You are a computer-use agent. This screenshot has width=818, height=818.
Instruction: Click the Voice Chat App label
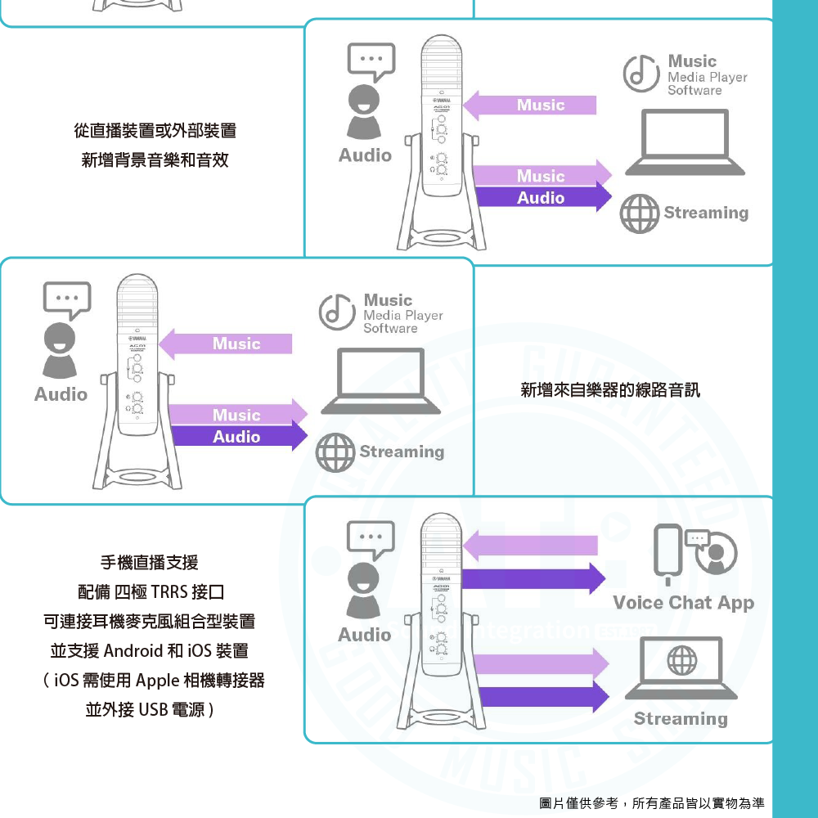(683, 604)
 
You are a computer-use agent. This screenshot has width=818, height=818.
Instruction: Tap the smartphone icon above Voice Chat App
(668, 551)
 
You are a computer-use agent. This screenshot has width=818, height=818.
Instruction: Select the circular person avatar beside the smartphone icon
(716, 553)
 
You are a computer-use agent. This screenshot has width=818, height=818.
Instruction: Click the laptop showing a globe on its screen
(681, 668)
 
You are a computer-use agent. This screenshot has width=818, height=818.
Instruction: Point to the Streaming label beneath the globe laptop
(681, 719)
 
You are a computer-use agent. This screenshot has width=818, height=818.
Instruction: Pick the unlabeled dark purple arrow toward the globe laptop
(542, 697)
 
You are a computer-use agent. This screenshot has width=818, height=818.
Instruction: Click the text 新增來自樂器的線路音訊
(610, 390)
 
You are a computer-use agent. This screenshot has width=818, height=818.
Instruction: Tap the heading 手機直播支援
(149, 562)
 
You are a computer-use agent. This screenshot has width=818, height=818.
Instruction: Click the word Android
(133, 651)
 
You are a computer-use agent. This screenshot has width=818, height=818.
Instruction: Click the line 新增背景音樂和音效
(155, 160)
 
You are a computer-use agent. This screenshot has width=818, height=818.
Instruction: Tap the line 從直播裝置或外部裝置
(155, 130)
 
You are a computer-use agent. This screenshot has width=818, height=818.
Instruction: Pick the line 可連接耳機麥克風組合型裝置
(149, 622)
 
